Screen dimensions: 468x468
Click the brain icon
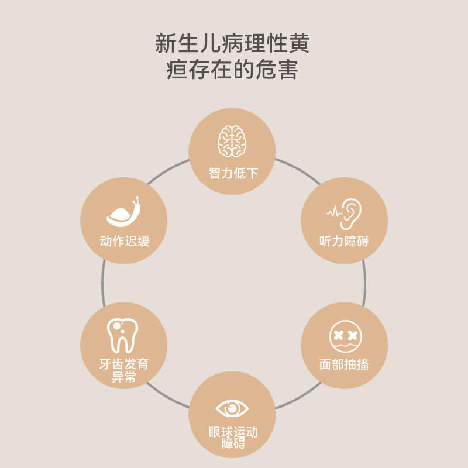[232, 141]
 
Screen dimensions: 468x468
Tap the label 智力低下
[233, 173]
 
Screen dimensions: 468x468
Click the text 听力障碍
[344, 241]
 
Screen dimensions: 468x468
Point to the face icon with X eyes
[345, 336]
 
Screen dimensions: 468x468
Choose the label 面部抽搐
[344, 364]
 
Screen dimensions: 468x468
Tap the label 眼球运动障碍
[233, 438]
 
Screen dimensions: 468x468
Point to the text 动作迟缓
[125, 241]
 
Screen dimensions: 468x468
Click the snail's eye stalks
[137, 201]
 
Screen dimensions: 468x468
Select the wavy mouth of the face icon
[345, 345]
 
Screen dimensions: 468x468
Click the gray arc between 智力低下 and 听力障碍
[292, 165]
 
